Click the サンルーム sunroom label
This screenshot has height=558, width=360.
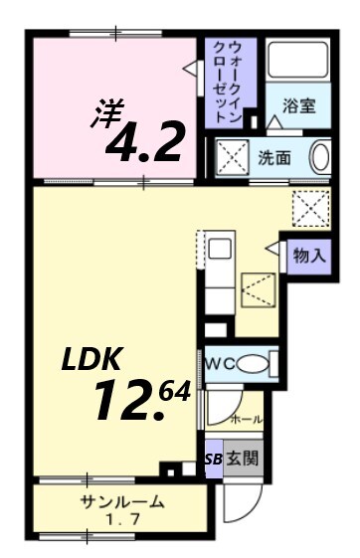pos(121,501)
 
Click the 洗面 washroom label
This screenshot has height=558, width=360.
pos(274,156)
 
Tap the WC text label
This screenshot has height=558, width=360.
pos(220,363)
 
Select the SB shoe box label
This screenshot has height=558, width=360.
pos(214,459)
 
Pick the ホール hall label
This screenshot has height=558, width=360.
pos(247,420)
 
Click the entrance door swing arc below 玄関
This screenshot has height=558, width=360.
pos(239,502)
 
